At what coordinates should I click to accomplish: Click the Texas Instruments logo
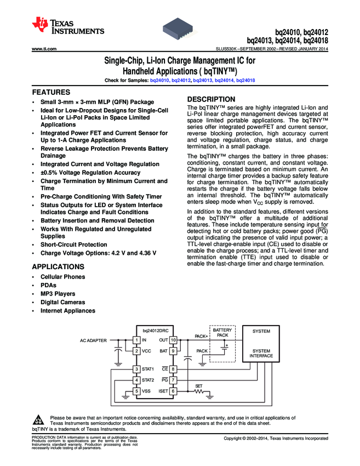pos(68,26)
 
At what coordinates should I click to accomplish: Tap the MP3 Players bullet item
pos(59,294)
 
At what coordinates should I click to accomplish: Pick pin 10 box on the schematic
pos(173,340)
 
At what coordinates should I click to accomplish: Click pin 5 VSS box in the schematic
pos(136,391)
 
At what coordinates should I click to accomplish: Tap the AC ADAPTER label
pos(93,340)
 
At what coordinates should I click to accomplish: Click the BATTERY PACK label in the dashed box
pos(222,332)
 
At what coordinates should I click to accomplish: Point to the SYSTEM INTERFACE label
pos(261,353)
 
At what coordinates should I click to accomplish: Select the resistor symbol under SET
pos(199,391)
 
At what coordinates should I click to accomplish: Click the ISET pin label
pos(163,391)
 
